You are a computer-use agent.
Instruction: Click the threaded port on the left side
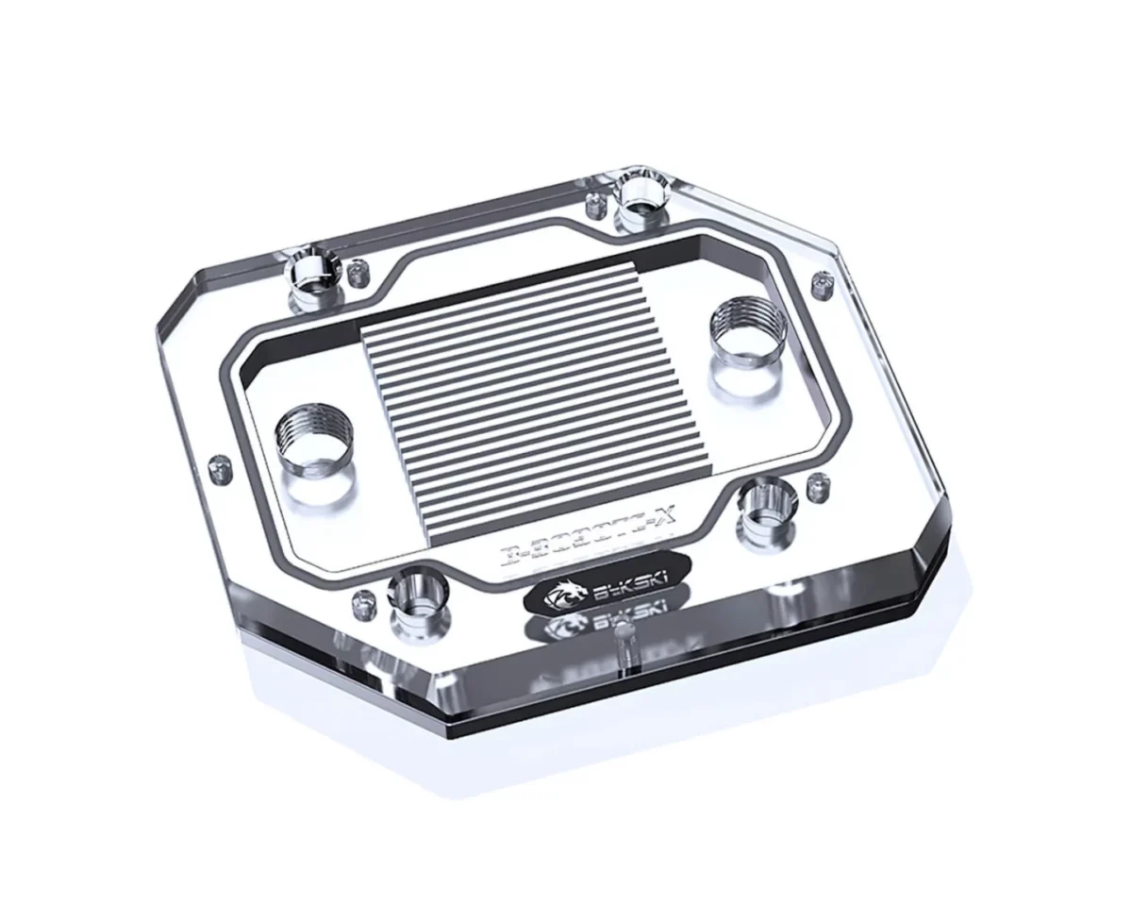pos(313,441)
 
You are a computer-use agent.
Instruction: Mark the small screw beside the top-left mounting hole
pos(358,274)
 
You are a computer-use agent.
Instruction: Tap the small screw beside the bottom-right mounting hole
pos(818,488)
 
